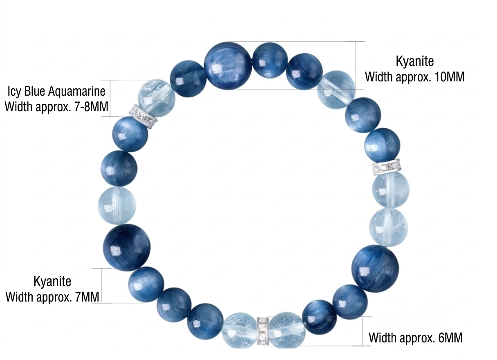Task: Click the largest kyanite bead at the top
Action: click(x=228, y=65)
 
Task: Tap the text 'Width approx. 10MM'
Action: click(x=414, y=76)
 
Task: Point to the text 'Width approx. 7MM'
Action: click(x=52, y=297)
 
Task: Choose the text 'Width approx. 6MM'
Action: click(x=416, y=338)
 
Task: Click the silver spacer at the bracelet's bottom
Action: click(x=262, y=331)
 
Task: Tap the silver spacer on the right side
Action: click(x=386, y=167)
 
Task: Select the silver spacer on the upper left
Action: click(x=143, y=117)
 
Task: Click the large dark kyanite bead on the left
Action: click(x=127, y=247)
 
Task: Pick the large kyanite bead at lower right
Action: click(x=375, y=268)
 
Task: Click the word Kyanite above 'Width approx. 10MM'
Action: click(x=414, y=62)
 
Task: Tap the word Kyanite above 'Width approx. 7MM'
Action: click(x=52, y=281)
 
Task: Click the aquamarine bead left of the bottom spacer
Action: click(x=240, y=330)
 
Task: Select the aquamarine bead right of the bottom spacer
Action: click(x=285, y=330)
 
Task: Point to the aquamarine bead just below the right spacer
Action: click(x=390, y=189)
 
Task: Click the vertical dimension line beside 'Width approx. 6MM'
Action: click(x=363, y=331)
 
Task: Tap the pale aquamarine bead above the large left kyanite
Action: click(x=116, y=205)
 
